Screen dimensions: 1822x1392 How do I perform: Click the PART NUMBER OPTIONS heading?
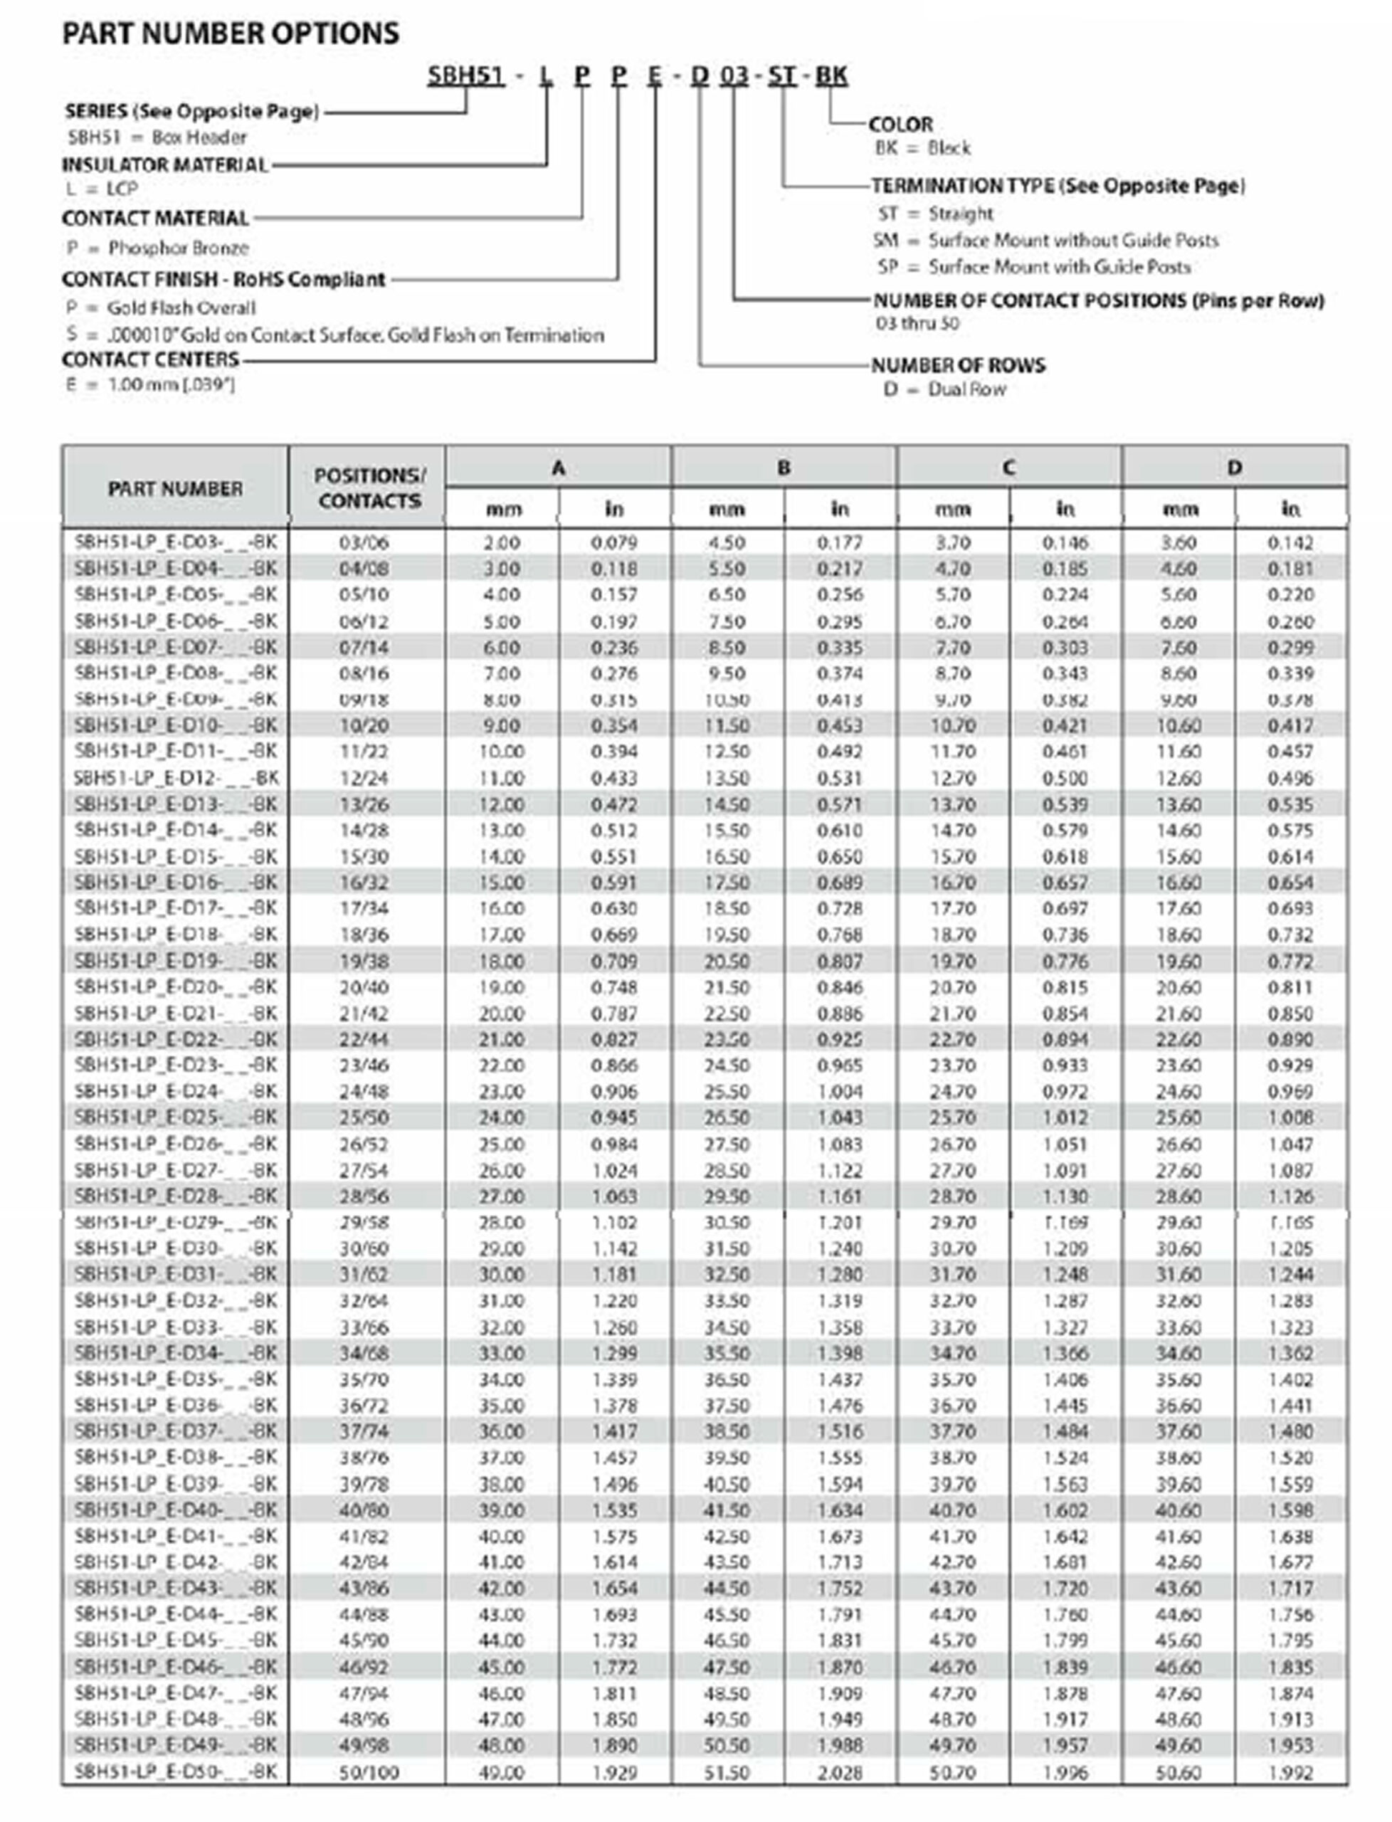231,33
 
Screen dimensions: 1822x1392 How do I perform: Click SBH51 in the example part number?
465,75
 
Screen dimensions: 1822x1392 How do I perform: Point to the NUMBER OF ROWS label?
958,364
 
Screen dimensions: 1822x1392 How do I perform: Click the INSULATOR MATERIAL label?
165,165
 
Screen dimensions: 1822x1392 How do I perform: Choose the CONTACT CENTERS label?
150,359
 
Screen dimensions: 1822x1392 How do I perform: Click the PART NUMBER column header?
175,488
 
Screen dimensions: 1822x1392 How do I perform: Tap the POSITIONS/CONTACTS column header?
369,488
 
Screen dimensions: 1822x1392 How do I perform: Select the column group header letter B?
783,468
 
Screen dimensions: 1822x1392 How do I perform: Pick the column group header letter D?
1234,468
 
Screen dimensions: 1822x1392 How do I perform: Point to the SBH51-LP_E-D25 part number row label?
175,1117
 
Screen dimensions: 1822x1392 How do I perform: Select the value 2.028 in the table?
839,1772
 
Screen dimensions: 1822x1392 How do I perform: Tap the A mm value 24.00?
501,1117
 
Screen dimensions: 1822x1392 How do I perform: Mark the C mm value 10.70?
953,725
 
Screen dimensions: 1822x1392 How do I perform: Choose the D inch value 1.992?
1290,1772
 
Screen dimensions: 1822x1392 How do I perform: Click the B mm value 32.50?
727,1274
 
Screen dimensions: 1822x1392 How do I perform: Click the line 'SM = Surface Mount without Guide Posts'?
1045,241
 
